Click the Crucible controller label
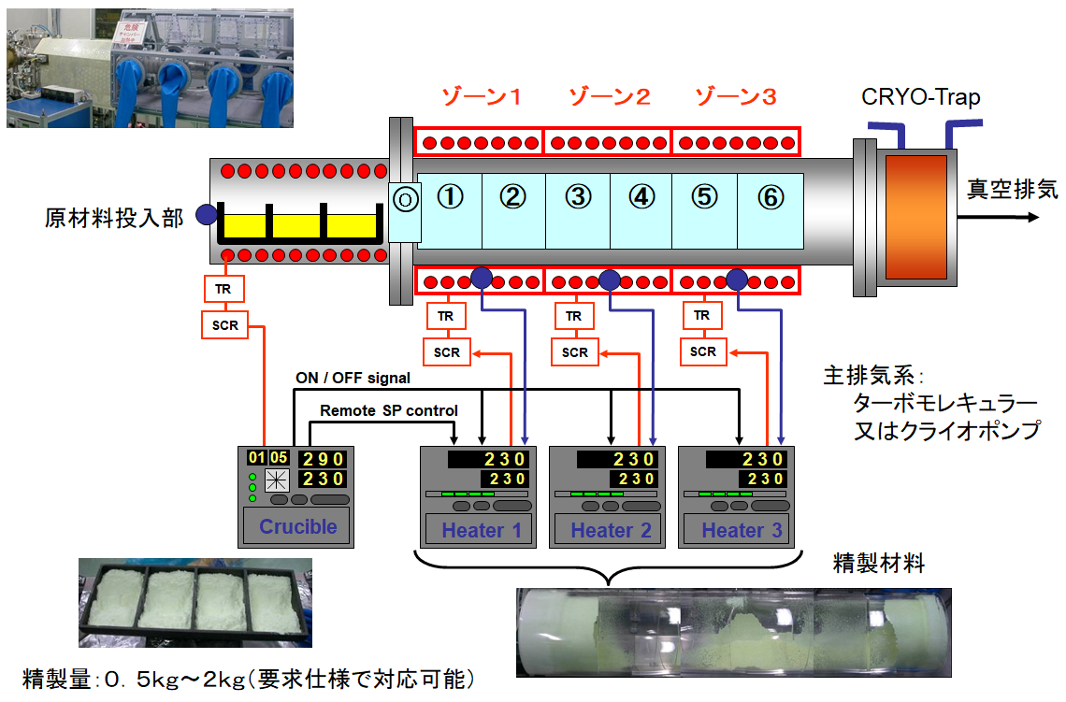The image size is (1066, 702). click(x=297, y=526)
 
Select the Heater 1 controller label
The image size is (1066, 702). click(x=481, y=531)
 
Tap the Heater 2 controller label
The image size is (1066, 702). click(x=610, y=531)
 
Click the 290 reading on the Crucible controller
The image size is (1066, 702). click(x=323, y=459)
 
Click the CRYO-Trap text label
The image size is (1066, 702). click(x=921, y=97)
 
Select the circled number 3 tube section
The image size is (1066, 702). click(x=579, y=197)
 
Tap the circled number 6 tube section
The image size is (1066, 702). click(x=770, y=197)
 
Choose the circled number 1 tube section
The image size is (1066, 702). click(x=451, y=197)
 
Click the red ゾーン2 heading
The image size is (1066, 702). click(x=610, y=97)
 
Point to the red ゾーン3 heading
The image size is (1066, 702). click(x=736, y=97)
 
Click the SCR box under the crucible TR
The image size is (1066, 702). click(x=224, y=325)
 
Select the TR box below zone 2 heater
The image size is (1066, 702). click(x=574, y=316)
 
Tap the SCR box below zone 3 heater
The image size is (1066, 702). click(x=703, y=351)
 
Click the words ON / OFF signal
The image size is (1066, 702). click(x=353, y=379)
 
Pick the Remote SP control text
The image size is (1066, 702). click(x=389, y=410)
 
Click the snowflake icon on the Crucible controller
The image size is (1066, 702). click(x=276, y=480)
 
